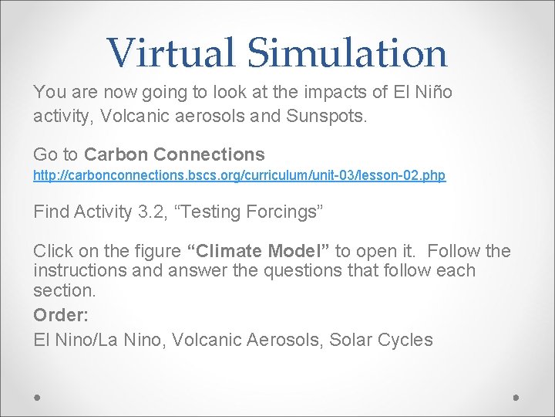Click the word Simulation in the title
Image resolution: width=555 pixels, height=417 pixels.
coord(347,53)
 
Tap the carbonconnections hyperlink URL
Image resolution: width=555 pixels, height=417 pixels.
coord(239,176)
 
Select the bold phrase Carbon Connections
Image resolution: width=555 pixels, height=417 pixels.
coord(174,154)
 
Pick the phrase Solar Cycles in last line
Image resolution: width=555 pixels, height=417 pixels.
coord(381,339)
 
